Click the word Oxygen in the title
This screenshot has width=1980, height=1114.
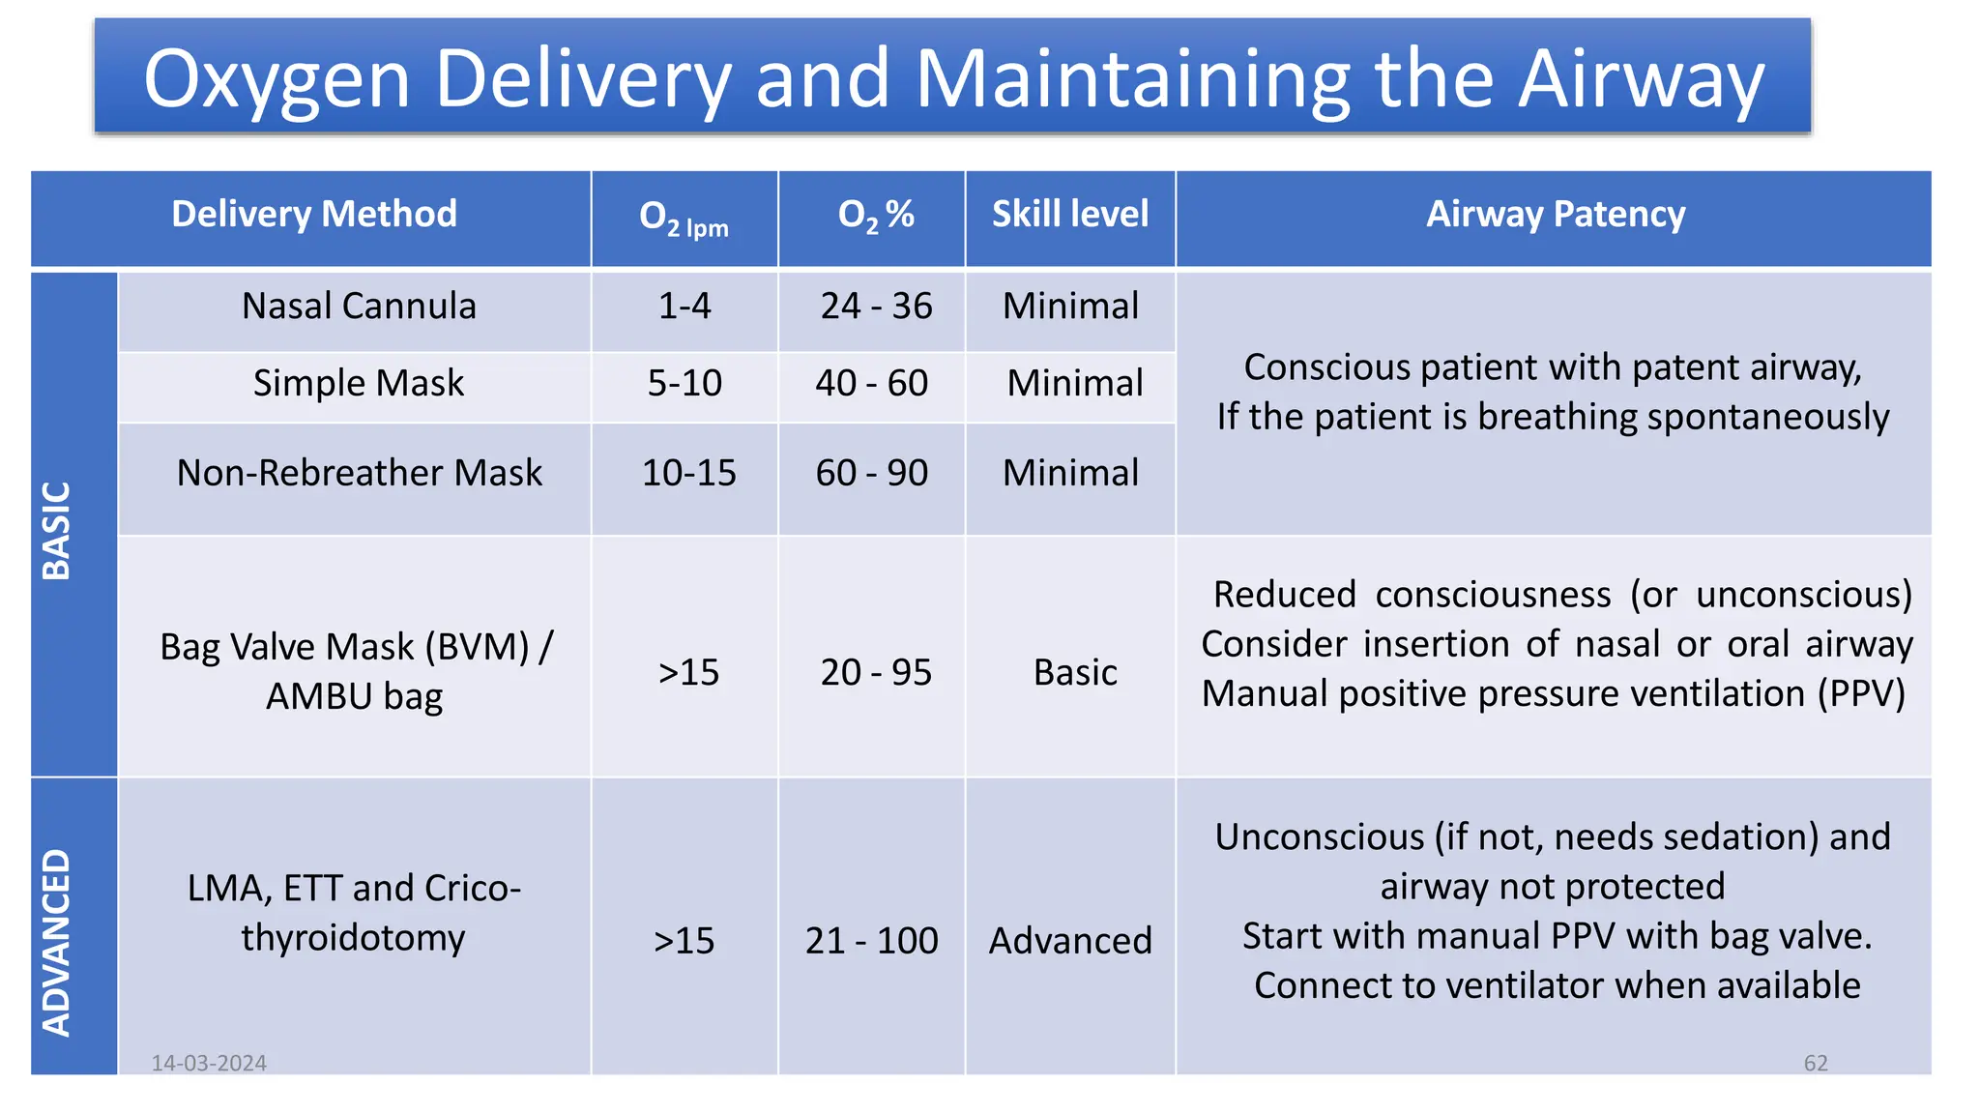point(277,79)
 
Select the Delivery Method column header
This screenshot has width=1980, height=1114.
point(313,214)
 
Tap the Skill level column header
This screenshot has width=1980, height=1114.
point(1070,214)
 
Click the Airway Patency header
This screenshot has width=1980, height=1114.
point(1555,214)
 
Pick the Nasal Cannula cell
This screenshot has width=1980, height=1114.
point(359,307)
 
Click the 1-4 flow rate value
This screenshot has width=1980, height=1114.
point(684,307)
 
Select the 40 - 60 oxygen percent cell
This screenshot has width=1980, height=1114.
point(871,383)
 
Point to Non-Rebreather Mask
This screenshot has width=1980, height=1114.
point(359,473)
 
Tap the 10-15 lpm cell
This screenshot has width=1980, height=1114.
point(688,473)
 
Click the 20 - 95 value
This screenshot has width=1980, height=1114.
point(876,672)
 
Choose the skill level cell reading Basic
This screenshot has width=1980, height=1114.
point(1075,672)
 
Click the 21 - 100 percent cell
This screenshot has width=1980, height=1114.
point(871,940)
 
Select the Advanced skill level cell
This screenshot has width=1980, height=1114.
point(1070,940)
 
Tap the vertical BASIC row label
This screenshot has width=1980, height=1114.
point(57,530)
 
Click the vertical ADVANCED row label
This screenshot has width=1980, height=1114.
point(57,943)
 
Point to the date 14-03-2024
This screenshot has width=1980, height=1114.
point(209,1063)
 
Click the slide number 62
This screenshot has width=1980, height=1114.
point(1816,1063)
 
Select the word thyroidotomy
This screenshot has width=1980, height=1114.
point(353,937)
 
